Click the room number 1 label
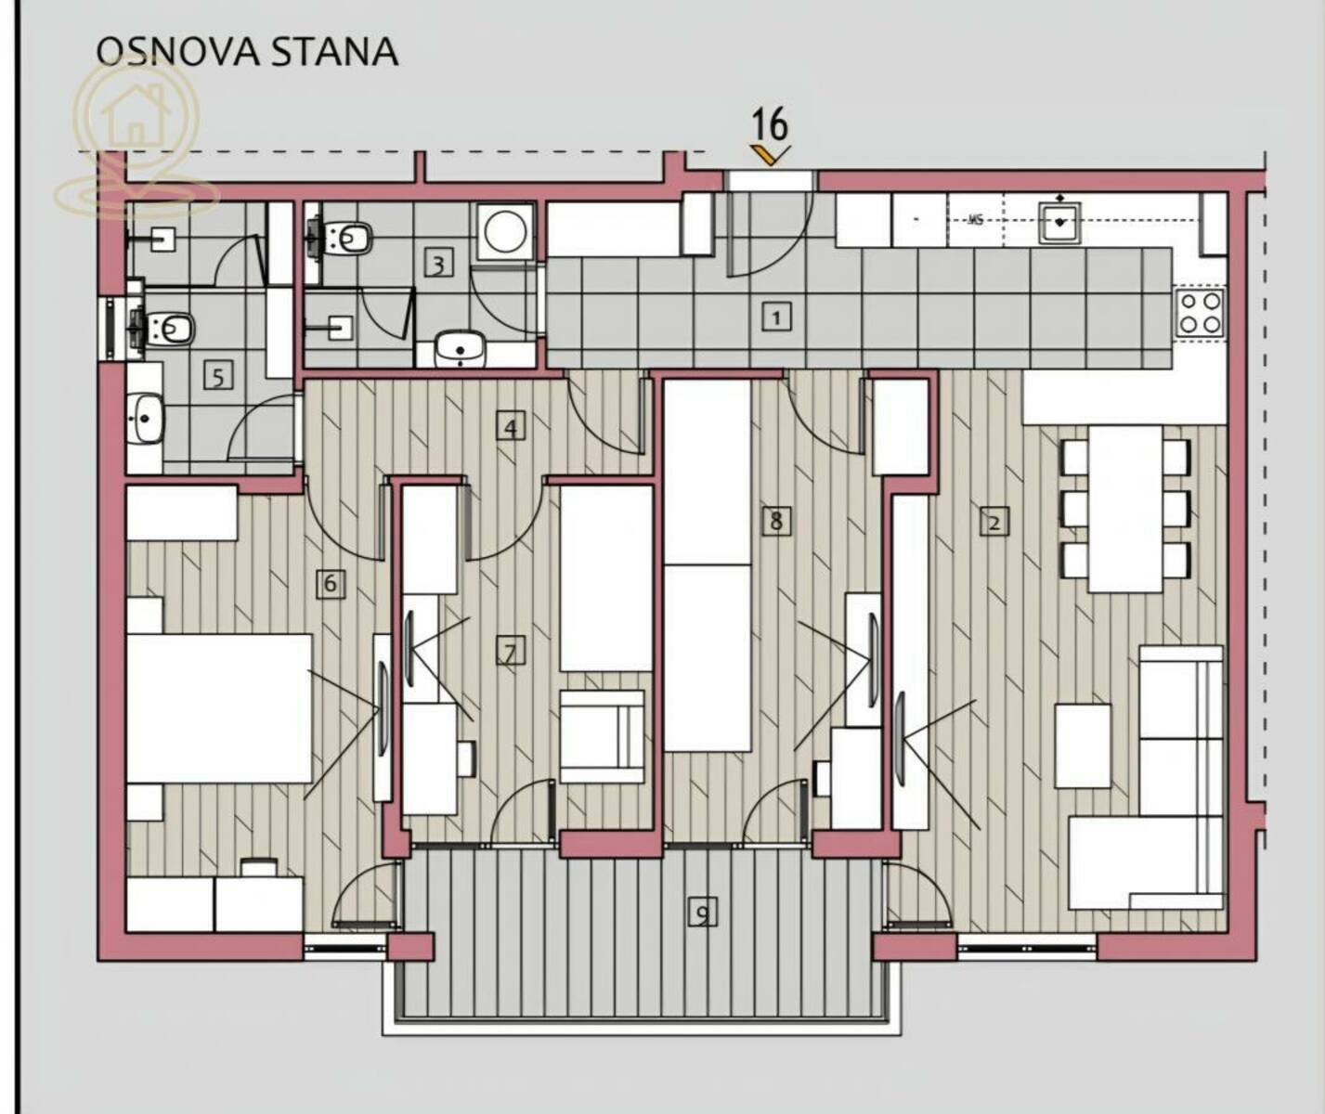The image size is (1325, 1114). point(776,317)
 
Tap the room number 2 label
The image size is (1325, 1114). point(994,522)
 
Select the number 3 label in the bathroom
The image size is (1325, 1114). point(438,264)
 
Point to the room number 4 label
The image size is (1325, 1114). point(511,427)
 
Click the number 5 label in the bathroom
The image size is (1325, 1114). point(218,377)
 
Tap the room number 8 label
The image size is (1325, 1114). point(775,522)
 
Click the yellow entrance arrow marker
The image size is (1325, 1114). point(770,154)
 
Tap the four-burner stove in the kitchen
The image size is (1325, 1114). point(1201,313)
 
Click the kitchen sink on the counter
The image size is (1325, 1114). point(1059,222)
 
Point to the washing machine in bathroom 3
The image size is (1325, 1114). point(505,231)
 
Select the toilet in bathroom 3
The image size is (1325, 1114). point(340,239)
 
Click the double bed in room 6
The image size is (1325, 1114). point(219,708)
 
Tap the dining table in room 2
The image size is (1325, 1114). point(1125,509)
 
